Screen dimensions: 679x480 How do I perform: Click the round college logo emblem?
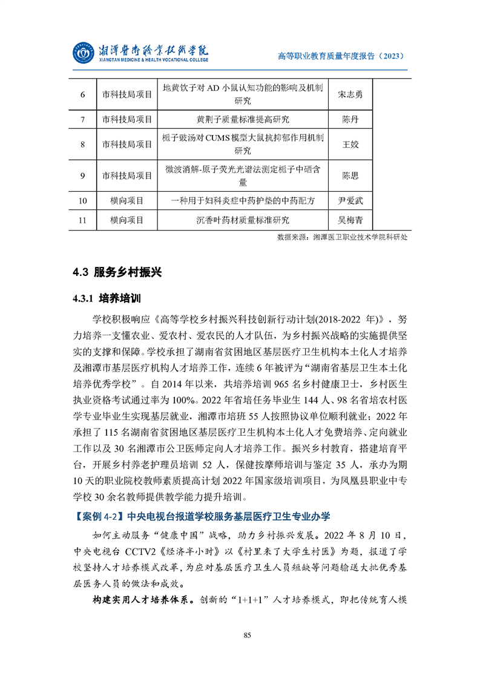coord(84,54)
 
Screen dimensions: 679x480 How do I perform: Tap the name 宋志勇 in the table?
coord(350,95)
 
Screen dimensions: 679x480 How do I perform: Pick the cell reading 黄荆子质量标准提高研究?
coord(243,119)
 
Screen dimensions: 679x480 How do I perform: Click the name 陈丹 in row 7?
coord(350,119)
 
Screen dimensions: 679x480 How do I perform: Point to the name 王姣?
coord(350,145)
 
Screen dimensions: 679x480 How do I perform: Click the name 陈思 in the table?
coord(350,175)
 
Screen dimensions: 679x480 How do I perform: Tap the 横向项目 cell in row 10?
coord(127,201)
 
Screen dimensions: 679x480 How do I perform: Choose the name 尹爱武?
coord(350,201)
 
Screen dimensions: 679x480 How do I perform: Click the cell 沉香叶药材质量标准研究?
coord(243,220)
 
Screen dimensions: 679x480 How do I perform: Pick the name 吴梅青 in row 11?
coord(350,220)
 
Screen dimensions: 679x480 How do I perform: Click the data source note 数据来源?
coord(341,237)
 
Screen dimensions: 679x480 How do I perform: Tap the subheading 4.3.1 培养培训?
coord(106,298)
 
